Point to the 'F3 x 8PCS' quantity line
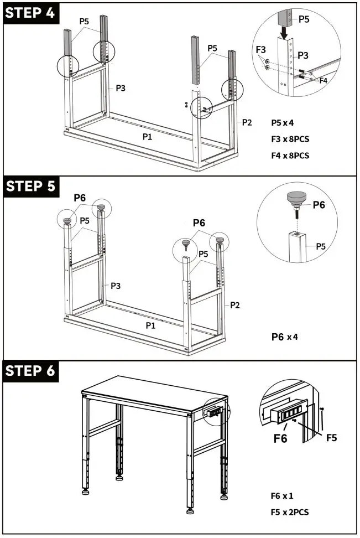click(290, 139)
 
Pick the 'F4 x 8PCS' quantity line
click(290, 156)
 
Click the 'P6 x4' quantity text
click(285, 336)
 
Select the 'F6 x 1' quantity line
click(281, 495)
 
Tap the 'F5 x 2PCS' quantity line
click(289, 512)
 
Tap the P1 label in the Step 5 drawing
click(150, 325)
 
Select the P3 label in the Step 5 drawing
click(116, 286)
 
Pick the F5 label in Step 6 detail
click(332, 437)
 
